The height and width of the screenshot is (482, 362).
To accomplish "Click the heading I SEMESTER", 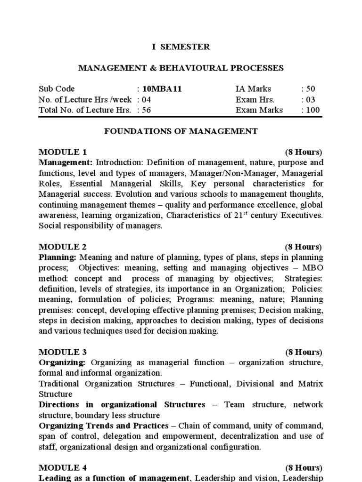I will (x=181, y=47).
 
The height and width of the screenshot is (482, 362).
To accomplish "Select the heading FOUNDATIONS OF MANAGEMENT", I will (x=181, y=131).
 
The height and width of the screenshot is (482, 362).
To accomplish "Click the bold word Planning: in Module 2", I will (x=58, y=257).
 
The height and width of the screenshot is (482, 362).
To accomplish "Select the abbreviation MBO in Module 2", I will (x=313, y=268).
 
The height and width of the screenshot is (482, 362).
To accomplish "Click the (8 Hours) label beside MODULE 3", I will (x=304, y=353).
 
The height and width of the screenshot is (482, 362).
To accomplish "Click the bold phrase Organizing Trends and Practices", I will (x=104, y=426).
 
